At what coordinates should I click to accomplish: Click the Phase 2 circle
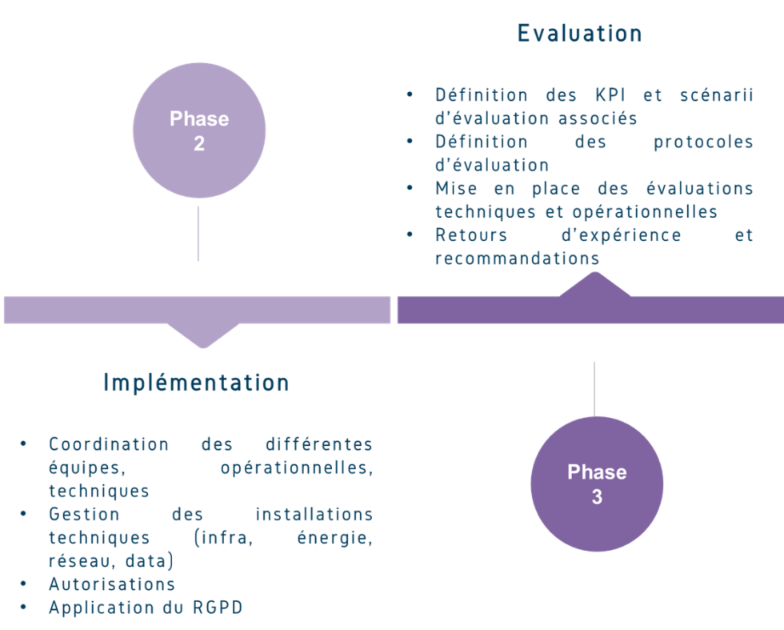(198, 130)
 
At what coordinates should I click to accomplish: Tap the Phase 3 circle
(597, 484)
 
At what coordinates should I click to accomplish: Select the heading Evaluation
(578, 33)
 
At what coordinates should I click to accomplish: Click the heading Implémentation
(196, 383)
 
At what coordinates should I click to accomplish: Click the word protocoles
(702, 142)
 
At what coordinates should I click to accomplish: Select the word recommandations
(517, 259)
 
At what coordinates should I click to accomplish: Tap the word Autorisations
(111, 584)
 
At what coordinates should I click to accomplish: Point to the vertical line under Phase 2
(198, 233)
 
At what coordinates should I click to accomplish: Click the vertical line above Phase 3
(594, 387)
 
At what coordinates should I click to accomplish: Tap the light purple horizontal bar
(197, 310)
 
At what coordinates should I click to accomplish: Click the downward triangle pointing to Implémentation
(203, 335)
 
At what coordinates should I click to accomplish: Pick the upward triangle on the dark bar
(594, 283)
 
